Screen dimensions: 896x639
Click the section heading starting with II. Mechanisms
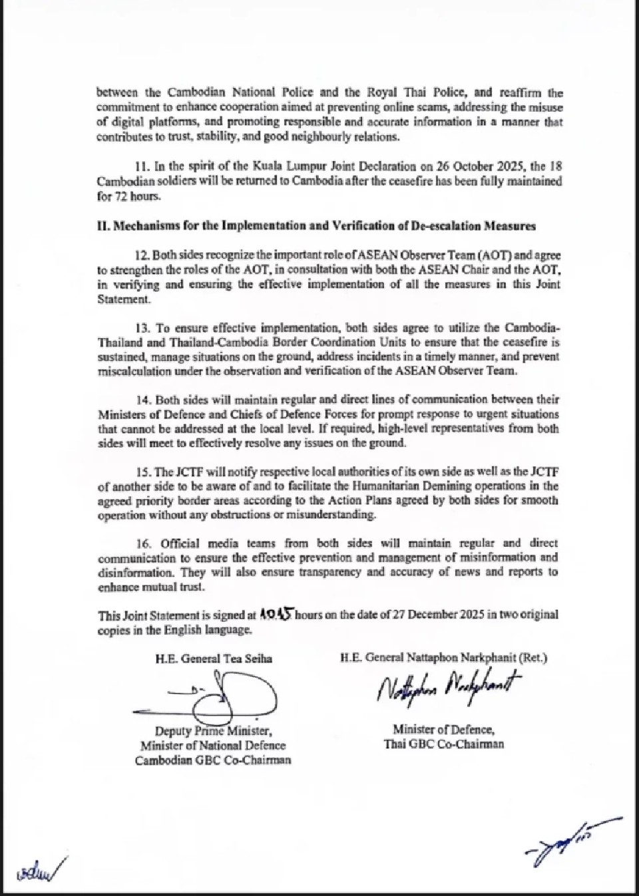316,225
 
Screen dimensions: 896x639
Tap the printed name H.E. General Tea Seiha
214,659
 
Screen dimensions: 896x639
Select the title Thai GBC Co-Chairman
443,744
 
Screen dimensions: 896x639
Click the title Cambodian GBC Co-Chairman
213,760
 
